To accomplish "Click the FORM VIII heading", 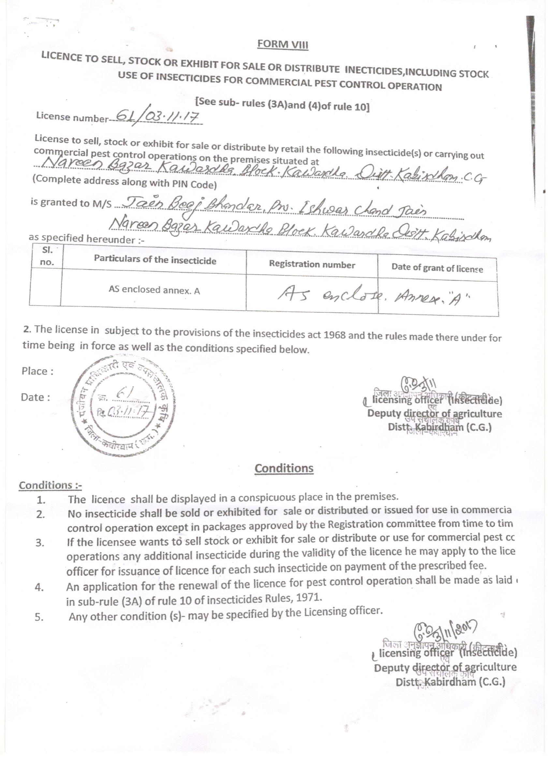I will click(x=283, y=44).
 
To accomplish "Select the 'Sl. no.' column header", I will click(x=47, y=256).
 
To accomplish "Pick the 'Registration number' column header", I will click(x=312, y=265).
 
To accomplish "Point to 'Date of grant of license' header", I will click(x=437, y=268).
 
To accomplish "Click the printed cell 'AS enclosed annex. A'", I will click(x=154, y=290).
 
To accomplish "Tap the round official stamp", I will click(x=123, y=406).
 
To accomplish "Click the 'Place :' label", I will click(x=37, y=371).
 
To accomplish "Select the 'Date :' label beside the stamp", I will click(x=35, y=398).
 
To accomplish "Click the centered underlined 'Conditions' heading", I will click(x=284, y=468).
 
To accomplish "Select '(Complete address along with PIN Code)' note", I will click(x=124, y=182).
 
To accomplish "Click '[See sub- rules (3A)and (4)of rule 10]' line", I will click(x=282, y=104).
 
